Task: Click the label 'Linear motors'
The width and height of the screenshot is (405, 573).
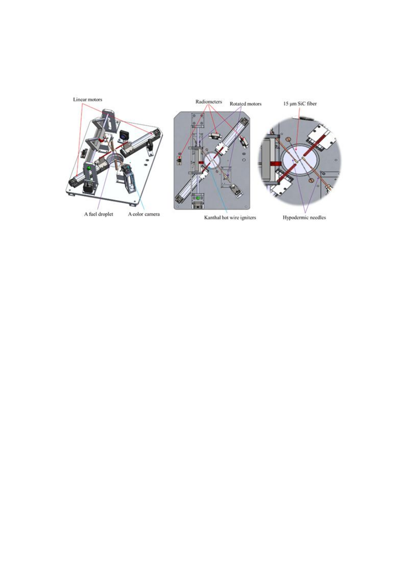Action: pyautogui.click(x=88, y=99)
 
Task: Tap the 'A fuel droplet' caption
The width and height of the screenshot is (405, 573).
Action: pyautogui.click(x=99, y=214)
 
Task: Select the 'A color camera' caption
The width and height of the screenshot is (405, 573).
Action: pyautogui.click(x=144, y=214)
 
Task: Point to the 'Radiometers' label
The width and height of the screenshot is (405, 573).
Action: pyautogui.click(x=209, y=102)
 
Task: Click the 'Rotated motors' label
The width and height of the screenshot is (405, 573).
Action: pyautogui.click(x=245, y=104)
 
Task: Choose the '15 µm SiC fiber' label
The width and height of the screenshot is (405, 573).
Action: pyautogui.click(x=300, y=104)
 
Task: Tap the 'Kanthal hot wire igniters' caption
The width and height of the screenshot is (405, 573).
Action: pyautogui.click(x=230, y=218)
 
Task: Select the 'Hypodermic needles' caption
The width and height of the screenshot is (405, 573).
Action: pyautogui.click(x=304, y=218)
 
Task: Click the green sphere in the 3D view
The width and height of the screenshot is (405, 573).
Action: pyautogui.click(x=89, y=168)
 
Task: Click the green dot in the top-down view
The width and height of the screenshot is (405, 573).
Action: pyautogui.click(x=198, y=198)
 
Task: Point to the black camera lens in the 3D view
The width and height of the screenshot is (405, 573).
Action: pyautogui.click(x=123, y=136)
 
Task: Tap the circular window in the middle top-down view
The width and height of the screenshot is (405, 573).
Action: pyautogui.click(x=212, y=161)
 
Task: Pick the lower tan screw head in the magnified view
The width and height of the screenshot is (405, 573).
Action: pyautogui.click(x=311, y=181)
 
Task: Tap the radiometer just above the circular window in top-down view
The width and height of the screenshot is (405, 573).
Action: pyautogui.click(x=215, y=136)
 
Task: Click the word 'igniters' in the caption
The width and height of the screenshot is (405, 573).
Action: pyautogui.click(x=248, y=218)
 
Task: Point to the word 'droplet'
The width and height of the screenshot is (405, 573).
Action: pyautogui.click(x=105, y=214)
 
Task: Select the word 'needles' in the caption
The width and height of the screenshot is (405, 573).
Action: pyautogui.click(x=318, y=218)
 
